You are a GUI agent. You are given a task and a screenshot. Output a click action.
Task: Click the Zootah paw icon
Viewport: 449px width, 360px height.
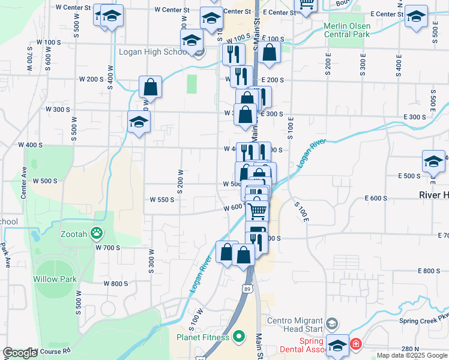pos(96,232)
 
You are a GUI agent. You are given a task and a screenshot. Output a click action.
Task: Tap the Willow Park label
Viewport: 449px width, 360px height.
pos(55,279)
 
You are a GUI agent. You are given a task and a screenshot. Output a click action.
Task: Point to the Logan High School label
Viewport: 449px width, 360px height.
pos(154,52)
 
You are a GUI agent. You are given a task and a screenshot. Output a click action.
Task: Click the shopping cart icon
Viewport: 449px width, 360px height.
pos(257,211)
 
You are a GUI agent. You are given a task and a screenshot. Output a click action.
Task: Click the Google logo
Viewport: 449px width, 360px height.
pos(20,353)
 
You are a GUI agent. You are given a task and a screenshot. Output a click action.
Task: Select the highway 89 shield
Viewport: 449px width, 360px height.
pos(247,289)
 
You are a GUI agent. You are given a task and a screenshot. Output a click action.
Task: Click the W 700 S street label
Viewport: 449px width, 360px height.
pos(107,247)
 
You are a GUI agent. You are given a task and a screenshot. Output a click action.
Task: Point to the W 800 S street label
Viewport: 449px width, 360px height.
pos(116,283)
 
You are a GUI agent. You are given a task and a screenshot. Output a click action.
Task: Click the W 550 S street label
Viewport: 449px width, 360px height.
pos(162,199)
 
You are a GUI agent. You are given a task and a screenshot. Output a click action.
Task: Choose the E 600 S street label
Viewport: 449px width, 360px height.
pos(376,199)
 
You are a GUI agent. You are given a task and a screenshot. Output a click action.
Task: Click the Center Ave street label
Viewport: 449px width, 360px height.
pos(24,187)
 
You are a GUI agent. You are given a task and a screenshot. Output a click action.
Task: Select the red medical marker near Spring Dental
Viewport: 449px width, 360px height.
pos(355,344)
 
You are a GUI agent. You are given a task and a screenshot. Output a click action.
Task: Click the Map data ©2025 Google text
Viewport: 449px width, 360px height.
pos(412,355)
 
